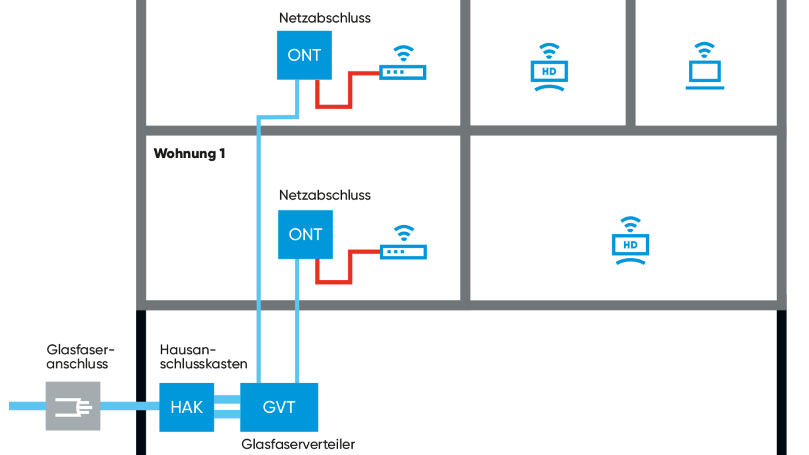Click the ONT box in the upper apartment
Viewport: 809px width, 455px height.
coord(304,55)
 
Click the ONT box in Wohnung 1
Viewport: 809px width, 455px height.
coord(305,234)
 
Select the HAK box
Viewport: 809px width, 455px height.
coord(187,407)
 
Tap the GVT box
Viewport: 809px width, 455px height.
coord(279,407)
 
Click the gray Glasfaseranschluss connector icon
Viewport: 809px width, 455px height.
coord(73,406)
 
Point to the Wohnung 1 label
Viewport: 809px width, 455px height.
coord(189,153)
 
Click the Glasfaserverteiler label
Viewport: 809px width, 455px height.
coord(298,444)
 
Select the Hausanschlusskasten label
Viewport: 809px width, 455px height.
coord(203,357)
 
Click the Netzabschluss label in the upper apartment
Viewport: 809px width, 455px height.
coord(325,18)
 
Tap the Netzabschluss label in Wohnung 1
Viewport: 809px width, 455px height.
coord(325,195)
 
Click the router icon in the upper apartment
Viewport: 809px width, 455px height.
coord(403,72)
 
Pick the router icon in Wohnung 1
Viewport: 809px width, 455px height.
coord(403,251)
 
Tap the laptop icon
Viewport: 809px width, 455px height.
coord(705,74)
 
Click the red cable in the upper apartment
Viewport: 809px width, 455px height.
coord(334,106)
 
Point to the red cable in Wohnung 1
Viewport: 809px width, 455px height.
coord(334,282)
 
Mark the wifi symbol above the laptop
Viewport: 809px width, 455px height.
coord(704,49)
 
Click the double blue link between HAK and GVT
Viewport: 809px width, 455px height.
coord(227,407)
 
